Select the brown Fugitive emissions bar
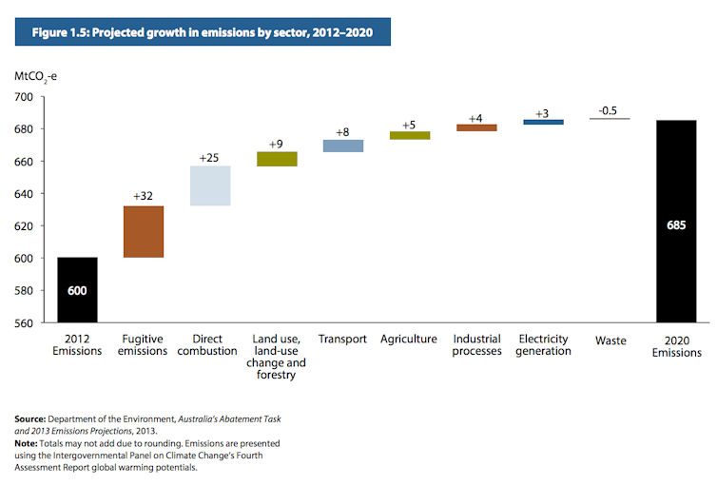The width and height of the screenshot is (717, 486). click(x=144, y=232)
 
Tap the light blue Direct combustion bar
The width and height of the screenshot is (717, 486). click(x=210, y=186)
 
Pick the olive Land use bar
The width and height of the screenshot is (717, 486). click(x=277, y=159)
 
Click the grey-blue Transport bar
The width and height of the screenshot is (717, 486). click(x=343, y=146)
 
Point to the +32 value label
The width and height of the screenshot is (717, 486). click(x=144, y=197)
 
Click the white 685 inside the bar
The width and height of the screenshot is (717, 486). click(x=676, y=227)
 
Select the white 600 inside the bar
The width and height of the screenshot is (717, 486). click(x=76, y=290)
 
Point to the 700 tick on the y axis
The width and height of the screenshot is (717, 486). click(x=24, y=97)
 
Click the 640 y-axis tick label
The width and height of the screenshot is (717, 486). click(x=24, y=194)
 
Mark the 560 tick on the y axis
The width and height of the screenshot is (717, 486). click(x=24, y=323)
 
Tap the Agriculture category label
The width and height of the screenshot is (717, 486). click(x=409, y=340)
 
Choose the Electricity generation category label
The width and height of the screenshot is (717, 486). click(x=544, y=345)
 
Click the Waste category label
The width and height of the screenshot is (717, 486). click(x=610, y=340)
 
